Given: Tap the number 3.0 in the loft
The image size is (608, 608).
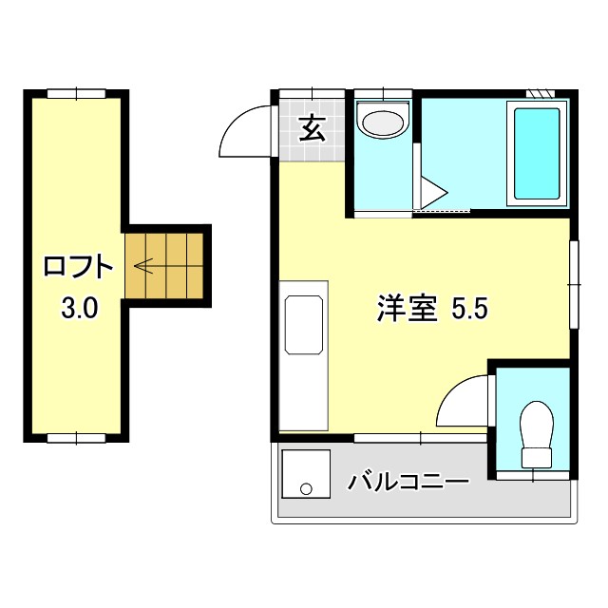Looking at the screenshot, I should [x=78, y=308].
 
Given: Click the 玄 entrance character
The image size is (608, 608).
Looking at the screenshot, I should [x=312, y=128].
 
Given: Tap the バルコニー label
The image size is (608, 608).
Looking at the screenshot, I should [x=408, y=481].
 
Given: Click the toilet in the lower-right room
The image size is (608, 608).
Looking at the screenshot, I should [x=537, y=434].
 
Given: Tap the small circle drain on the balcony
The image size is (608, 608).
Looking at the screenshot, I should [x=306, y=489].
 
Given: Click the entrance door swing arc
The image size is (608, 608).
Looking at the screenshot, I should [x=245, y=130].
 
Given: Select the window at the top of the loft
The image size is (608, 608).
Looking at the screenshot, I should [x=76, y=93].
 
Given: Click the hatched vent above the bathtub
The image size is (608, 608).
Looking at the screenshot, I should [x=540, y=94].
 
